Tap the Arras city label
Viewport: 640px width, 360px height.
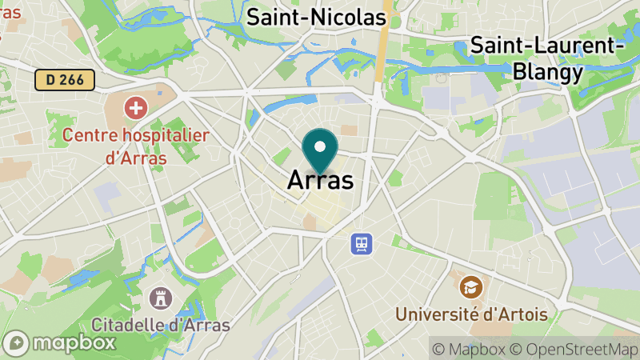point(320,180)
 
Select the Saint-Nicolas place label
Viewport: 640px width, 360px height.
point(316,17)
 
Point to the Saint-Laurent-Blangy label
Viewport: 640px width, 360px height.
point(549,58)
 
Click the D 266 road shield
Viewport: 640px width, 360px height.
point(65,79)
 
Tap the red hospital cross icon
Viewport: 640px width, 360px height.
point(135,106)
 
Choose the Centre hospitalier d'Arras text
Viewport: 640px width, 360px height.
point(136,146)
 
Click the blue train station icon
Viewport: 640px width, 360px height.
point(362,242)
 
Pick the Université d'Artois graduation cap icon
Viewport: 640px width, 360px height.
point(471,285)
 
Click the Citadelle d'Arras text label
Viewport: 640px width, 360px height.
point(161,326)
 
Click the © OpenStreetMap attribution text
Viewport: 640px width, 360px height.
point(575,349)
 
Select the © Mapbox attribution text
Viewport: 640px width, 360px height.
point(470,349)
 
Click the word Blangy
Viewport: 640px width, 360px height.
point(549,73)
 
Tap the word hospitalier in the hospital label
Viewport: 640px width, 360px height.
point(163,134)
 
